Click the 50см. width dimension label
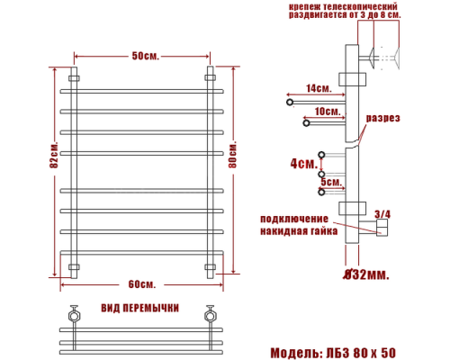click(x=144, y=56)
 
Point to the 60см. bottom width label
click(x=142, y=285)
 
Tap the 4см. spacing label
click(x=303, y=164)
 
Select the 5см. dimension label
click(x=331, y=182)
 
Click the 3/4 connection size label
click(x=382, y=213)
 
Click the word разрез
click(x=382, y=118)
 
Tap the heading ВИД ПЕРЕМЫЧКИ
click(x=139, y=308)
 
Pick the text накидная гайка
click(x=299, y=231)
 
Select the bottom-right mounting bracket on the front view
click(x=211, y=266)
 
